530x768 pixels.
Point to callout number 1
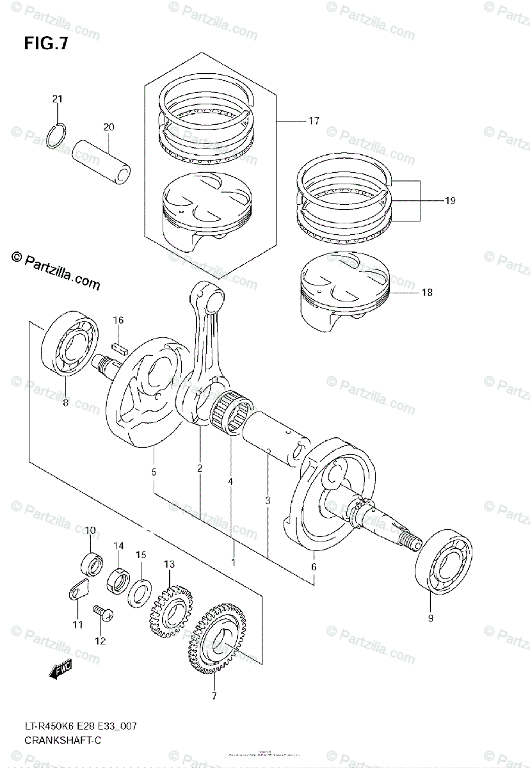point(234,563)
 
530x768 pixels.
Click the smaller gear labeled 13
point(171,608)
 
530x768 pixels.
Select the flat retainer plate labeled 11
point(77,591)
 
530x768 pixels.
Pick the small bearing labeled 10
point(90,563)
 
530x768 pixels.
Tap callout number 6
point(314,566)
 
